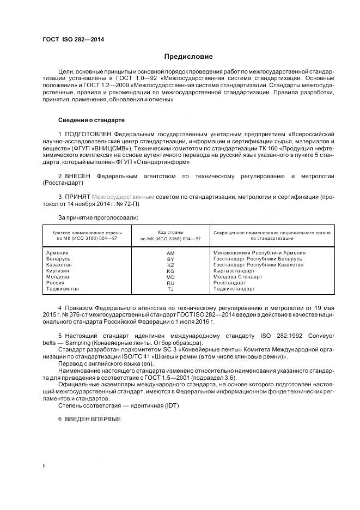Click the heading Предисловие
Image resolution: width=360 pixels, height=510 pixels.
pos(188,57)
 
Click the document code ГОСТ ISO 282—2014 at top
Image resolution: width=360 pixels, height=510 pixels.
pos(73,40)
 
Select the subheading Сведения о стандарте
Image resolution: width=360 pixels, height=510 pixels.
pos(91,120)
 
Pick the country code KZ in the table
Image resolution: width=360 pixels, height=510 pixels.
pos(170,265)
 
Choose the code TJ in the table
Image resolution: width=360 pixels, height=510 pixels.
pos(170,289)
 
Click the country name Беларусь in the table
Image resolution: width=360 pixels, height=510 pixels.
pos(60,259)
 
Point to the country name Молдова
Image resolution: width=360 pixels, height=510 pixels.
pos(59,277)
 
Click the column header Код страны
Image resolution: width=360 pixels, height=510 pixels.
pos(170,232)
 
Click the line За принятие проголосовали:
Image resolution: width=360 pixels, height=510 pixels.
pos(98,217)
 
